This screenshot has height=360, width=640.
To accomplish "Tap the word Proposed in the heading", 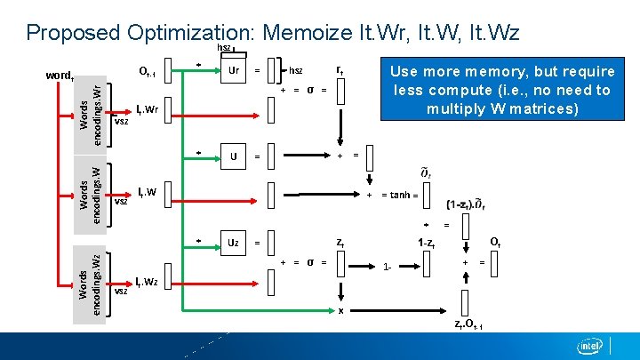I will click(x=73, y=33).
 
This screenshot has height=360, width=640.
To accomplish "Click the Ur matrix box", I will click(x=234, y=71).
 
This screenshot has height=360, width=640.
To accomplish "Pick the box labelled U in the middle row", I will click(x=234, y=156).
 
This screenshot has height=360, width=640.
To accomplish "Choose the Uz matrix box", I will click(x=234, y=242).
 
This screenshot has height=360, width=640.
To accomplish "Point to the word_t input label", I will click(x=59, y=75).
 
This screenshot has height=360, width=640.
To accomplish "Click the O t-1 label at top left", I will click(x=147, y=72).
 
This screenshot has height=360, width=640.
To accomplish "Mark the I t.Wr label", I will click(x=147, y=110).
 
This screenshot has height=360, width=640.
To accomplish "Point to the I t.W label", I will click(x=146, y=191).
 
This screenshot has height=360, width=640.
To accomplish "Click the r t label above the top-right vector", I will click(x=340, y=69).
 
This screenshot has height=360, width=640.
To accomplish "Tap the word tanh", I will click(x=400, y=196).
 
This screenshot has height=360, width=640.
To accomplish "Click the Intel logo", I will click(x=589, y=346).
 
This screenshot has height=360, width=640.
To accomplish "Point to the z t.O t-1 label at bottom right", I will click(x=468, y=324).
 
